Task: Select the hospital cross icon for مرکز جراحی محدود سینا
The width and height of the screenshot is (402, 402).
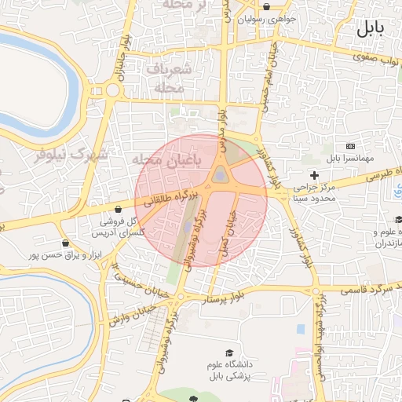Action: (x=315, y=174)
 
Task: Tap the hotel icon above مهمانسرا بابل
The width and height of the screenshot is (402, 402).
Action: (x=350, y=147)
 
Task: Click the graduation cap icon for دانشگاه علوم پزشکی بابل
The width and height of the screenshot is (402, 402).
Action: (x=229, y=353)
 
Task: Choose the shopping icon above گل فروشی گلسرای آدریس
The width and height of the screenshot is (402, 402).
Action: (x=118, y=210)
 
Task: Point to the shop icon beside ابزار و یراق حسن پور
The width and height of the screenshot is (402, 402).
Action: (x=64, y=243)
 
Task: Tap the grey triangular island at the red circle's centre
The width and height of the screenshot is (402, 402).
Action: (x=221, y=174)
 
